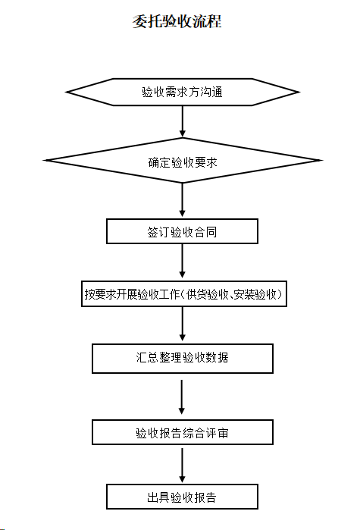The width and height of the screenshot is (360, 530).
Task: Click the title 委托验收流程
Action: (x=177, y=21)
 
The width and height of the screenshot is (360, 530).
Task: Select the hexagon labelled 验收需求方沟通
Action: (x=183, y=92)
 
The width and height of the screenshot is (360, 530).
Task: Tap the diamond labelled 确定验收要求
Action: (x=183, y=161)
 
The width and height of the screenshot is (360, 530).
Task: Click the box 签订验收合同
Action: (x=183, y=231)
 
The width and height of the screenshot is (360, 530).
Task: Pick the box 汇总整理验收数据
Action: (x=183, y=359)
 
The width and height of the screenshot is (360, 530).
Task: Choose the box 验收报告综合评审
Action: (x=183, y=432)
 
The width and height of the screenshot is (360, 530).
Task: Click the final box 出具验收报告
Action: (x=183, y=497)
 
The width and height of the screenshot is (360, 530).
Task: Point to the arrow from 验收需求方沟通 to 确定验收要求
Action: (x=183, y=121)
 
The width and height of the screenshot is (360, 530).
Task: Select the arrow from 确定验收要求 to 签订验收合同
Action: (x=183, y=199)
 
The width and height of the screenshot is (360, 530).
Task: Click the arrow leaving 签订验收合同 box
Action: (x=183, y=261)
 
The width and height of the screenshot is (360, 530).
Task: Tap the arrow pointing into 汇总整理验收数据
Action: (x=183, y=324)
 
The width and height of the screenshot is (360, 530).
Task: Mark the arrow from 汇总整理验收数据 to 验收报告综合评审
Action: (x=182, y=397)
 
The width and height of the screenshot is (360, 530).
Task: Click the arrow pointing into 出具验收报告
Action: (x=183, y=466)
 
